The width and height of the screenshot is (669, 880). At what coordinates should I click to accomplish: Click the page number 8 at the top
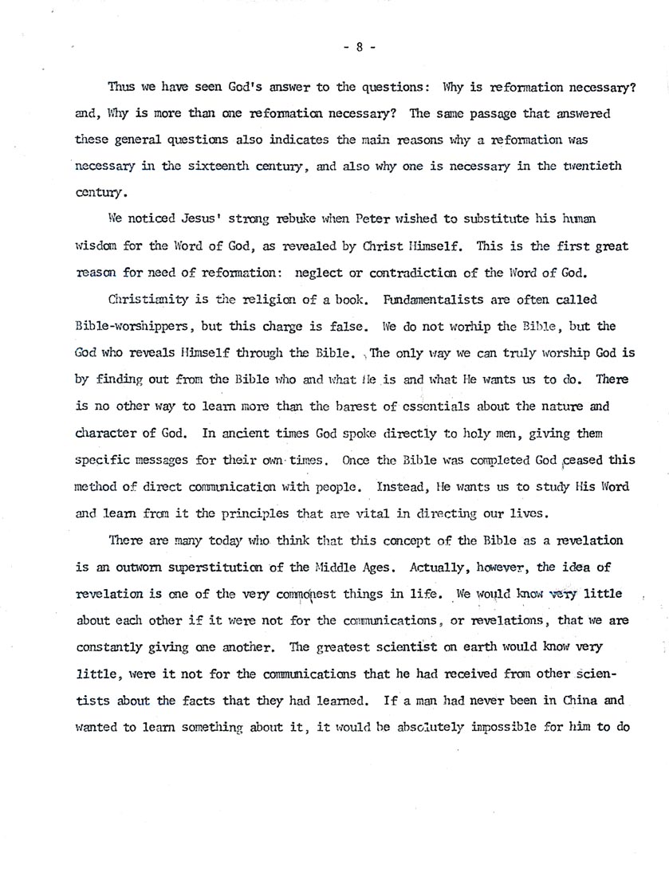359,47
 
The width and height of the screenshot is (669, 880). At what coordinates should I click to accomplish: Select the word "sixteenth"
206,166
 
